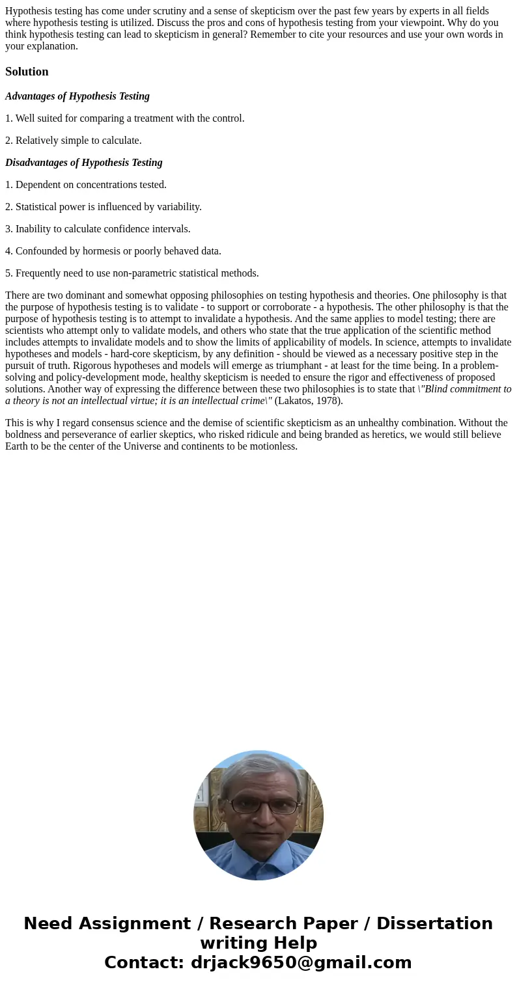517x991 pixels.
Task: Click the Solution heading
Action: (x=27, y=72)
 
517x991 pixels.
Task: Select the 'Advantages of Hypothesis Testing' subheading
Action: (x=77, y=96)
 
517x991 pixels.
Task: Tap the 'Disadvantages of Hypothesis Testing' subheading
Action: (x=84, y=163)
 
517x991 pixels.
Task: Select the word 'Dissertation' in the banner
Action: (x=434, y=923)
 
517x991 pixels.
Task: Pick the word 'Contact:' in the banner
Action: (x=145, y=962)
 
